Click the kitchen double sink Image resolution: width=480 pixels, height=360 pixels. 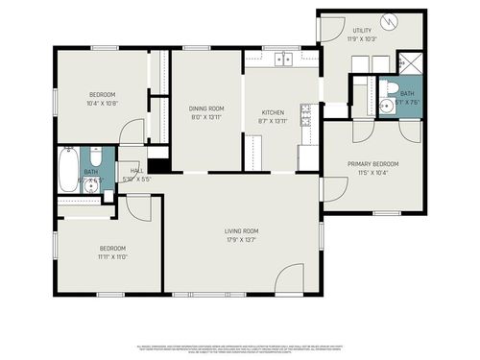[x=283, y=60]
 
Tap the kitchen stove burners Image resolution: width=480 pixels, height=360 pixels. [x=306, y=118]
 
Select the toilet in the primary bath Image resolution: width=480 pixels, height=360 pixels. [x=387, y=87]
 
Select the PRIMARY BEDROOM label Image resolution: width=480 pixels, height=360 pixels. [x=372, y=164]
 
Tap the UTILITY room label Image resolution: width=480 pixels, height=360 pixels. [x=362, y=31]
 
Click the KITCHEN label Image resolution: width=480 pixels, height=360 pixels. [x=273, y=112]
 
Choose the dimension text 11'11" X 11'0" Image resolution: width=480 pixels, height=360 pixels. [x=112, y=256]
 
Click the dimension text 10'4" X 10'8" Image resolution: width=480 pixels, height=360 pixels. [x=103, y=103]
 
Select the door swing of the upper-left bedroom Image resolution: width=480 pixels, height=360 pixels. [x=132, y=132]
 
